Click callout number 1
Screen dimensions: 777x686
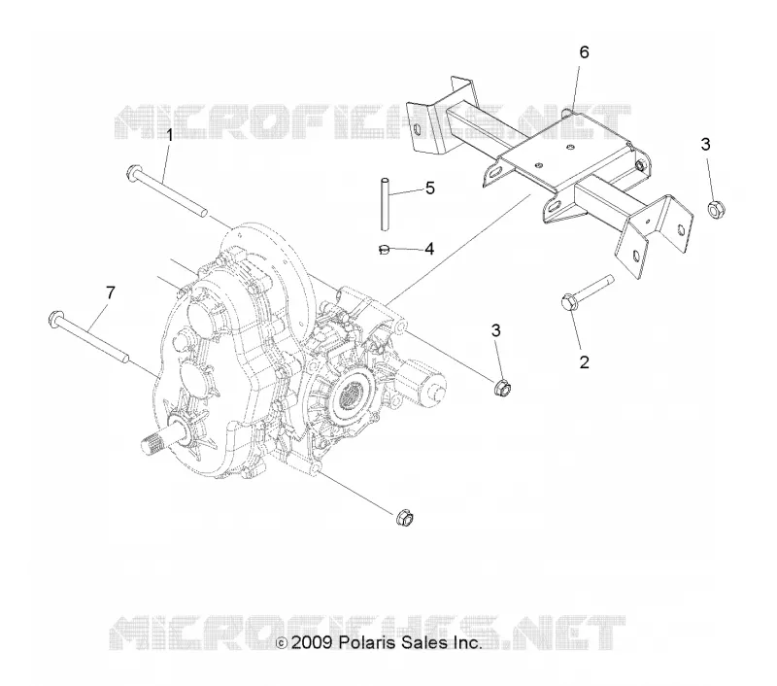169,135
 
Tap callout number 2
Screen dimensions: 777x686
585,362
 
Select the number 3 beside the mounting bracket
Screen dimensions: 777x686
706,144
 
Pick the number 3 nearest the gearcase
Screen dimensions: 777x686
496,330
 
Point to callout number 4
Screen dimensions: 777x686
429,249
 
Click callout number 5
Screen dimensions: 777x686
430,189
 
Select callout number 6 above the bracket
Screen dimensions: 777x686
585,52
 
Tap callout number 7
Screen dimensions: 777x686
110,292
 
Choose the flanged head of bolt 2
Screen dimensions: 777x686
569,302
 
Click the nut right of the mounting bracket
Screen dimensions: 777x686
714,208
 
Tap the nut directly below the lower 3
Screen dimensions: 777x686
501,388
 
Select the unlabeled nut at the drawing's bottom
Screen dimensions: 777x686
405,518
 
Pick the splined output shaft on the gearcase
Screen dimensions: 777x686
161,439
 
